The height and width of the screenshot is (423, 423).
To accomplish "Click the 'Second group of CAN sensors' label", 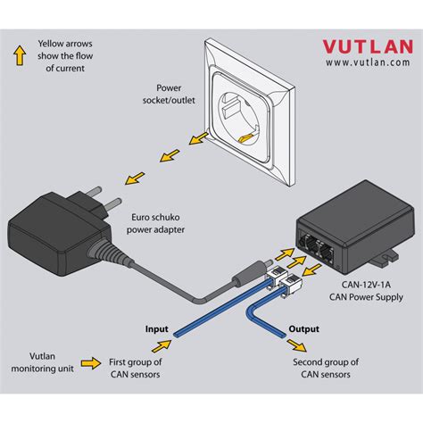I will tap(327, 369).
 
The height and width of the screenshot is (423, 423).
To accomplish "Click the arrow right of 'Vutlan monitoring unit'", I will tap(90, 362).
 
